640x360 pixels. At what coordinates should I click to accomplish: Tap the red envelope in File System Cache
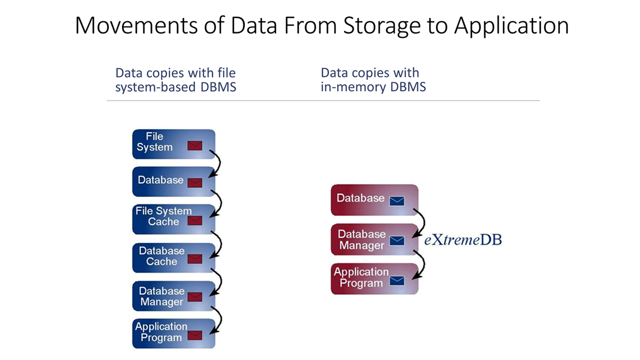click(195, 220)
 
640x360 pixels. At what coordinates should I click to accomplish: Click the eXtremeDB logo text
click(463, 240)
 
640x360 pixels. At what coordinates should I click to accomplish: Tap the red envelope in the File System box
click(195, 146)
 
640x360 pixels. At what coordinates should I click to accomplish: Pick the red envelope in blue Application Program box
click(195, 335)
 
